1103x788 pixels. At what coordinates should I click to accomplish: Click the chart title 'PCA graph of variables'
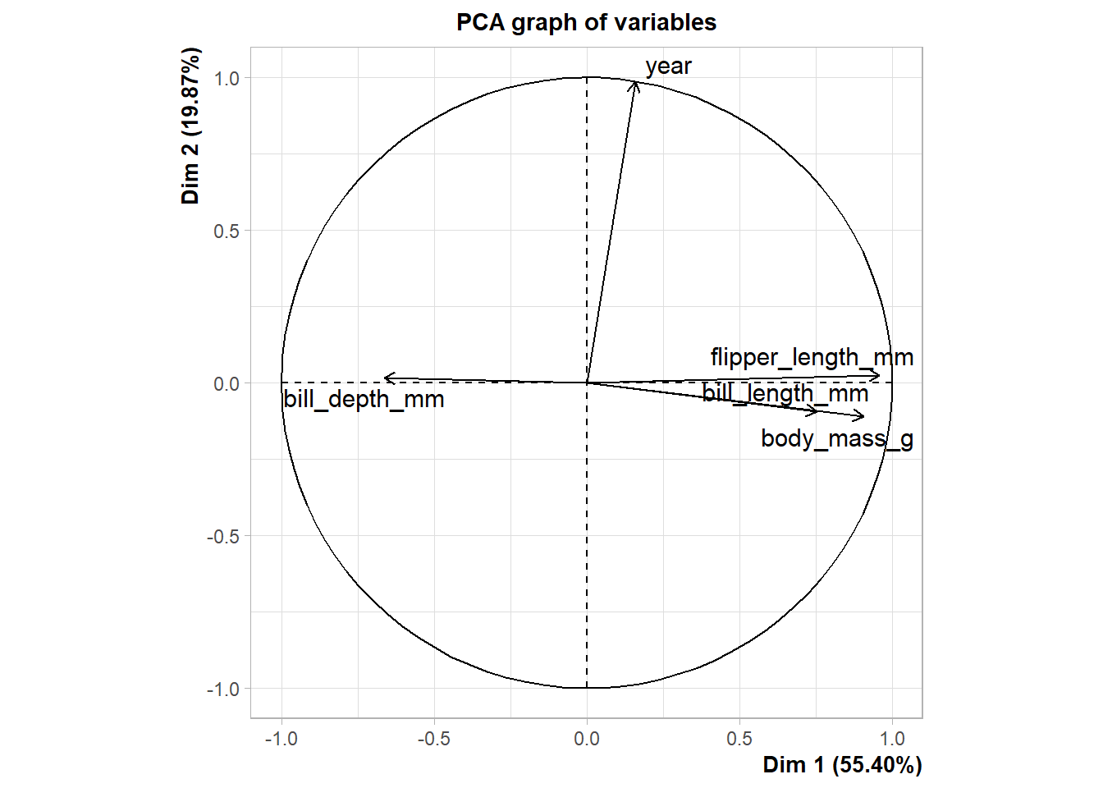click(x=586, y=22)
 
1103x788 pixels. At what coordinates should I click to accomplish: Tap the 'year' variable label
click(x=668, y=66)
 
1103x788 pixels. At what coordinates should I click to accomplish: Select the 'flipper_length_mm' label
click(x=812, y=357)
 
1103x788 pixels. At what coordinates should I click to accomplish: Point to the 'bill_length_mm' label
click(x=785, y=393)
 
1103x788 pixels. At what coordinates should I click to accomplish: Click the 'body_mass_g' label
click(x=836, y=438)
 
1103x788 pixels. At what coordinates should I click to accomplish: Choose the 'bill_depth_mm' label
click(x=364, y=399)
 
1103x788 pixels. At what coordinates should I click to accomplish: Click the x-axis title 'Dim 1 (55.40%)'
click(x=842, y=765)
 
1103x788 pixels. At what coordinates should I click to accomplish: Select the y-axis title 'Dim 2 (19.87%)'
click(x=190, y=126)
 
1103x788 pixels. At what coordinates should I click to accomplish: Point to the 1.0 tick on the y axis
click(x=227, y=79)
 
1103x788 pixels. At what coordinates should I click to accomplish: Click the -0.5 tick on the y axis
click(x=223, y=536)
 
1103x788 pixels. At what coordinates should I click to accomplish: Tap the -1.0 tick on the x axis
click(x=281, y=739)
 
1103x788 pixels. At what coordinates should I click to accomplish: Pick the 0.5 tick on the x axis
click(x=739, y=739)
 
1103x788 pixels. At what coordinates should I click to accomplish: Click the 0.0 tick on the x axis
click(x=587, y=739)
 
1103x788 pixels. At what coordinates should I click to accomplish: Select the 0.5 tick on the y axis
click(x=227, y=231)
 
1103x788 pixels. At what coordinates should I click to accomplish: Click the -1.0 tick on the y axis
click(x=223, y=689)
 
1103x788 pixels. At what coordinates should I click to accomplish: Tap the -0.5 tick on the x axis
click(x=433, y=739)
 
